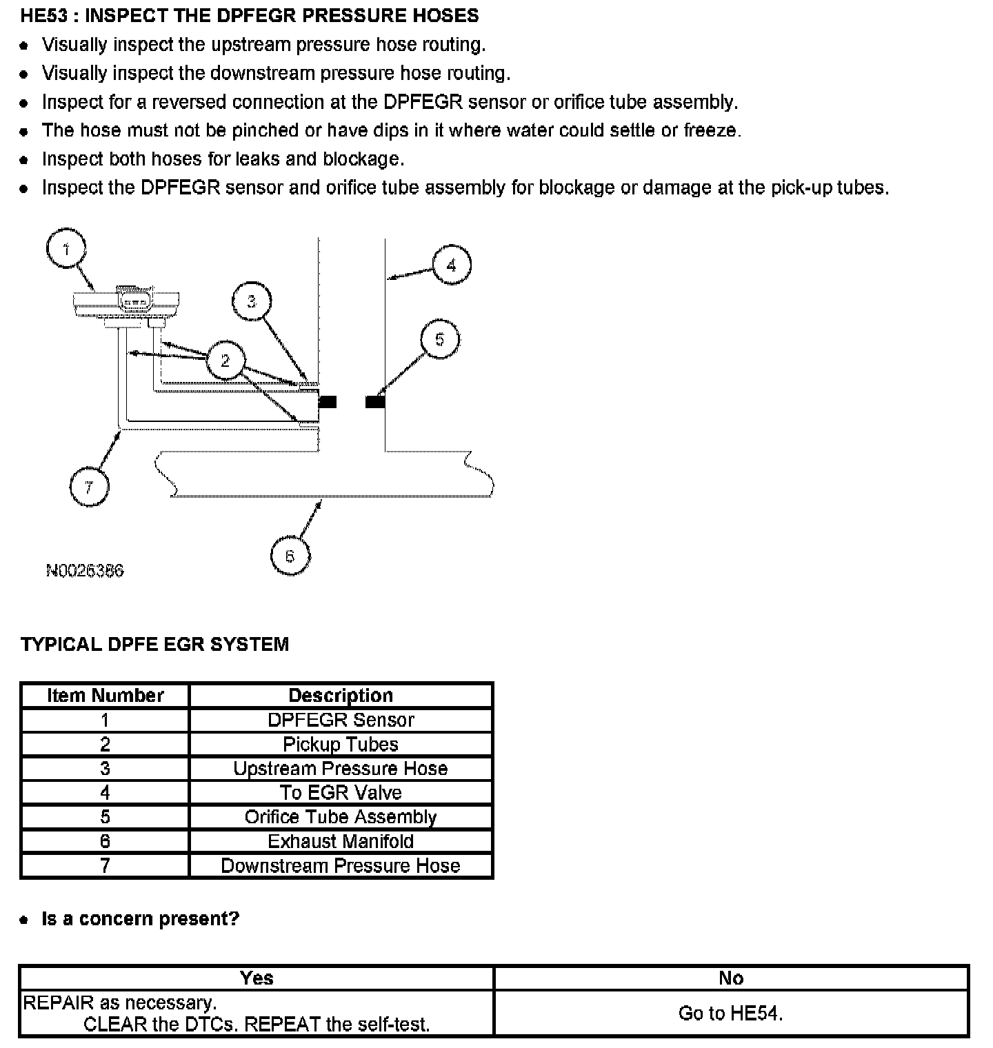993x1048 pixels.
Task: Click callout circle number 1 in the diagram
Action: tap(66, 249)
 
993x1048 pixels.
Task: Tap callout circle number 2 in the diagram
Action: tap(225, 360)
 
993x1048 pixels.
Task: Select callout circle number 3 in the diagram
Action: tap(252, 301)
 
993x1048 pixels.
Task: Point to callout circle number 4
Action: tap(452, 265)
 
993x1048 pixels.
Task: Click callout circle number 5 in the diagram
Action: tap(439, 339)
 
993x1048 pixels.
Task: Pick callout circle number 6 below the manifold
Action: tap(290, 556)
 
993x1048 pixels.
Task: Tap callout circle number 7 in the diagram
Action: tap(89, 487)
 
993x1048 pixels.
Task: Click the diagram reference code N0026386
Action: tap(85, 571)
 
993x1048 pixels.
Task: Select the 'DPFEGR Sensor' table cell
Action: tap(341, 720)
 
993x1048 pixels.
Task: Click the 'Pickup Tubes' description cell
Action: tap(341, 745)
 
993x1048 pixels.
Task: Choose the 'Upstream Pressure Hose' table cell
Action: tap(341, 769)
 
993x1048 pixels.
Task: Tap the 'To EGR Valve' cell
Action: tap(341, 793)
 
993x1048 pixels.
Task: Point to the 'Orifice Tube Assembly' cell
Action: tap(341, 817)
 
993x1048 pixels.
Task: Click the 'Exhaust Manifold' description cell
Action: tap(341, 841)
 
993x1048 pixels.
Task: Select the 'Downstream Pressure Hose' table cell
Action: tap(341, 865)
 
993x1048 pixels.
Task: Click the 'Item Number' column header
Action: tap(105, 695)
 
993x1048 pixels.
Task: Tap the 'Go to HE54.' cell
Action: tap(731, 1013)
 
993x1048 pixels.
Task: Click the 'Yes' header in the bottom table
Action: tap(257, 978)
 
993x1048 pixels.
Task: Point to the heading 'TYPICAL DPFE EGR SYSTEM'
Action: tap(154, 645)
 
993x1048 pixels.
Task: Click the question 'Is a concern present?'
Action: tap(141, 919)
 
